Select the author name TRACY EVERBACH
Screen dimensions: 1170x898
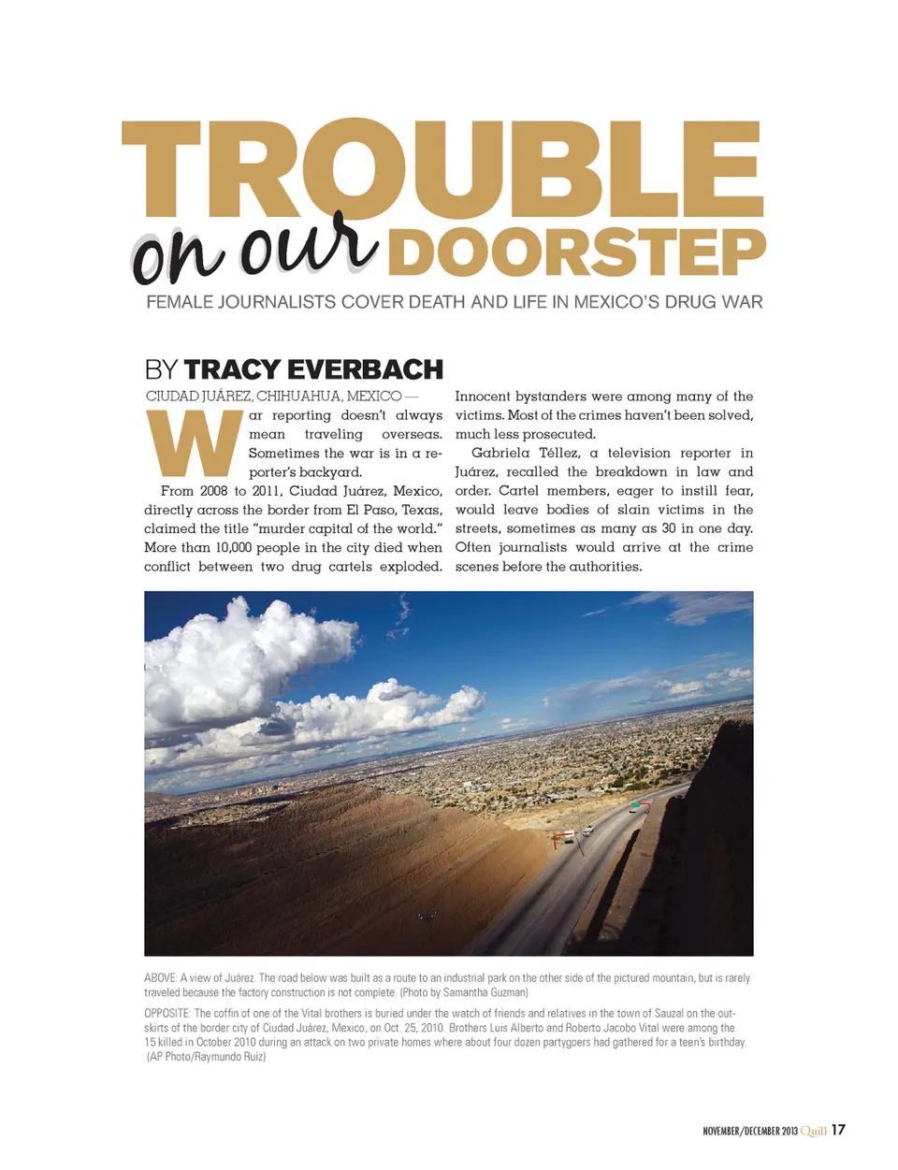[x=313, y=369]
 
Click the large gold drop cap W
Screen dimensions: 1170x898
[x=195, y=443]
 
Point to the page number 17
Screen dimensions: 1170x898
[x=838, y=1130]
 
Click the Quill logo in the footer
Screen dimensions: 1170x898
[x=813, y=1131]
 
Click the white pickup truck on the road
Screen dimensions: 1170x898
[x=587, y=830]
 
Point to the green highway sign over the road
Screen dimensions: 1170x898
[x=636, y=803]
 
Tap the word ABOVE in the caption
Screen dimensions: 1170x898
[x=160, y=978]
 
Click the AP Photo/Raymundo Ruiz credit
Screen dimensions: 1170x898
[x=207, y=1057]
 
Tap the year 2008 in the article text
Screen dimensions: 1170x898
[x=213, y=491]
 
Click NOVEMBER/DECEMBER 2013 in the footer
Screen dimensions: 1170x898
[x=750, y=1132]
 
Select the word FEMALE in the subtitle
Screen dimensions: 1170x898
[x=179, y=302]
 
